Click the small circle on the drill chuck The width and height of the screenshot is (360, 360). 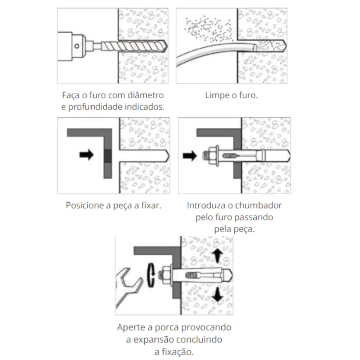77,46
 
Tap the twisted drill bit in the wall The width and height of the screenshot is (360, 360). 134,46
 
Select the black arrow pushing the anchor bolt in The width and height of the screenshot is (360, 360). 190,156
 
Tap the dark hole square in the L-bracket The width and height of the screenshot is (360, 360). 108,156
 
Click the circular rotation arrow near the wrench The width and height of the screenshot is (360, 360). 150,275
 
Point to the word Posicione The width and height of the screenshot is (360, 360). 85,205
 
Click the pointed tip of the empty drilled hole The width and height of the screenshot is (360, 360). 169,156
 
